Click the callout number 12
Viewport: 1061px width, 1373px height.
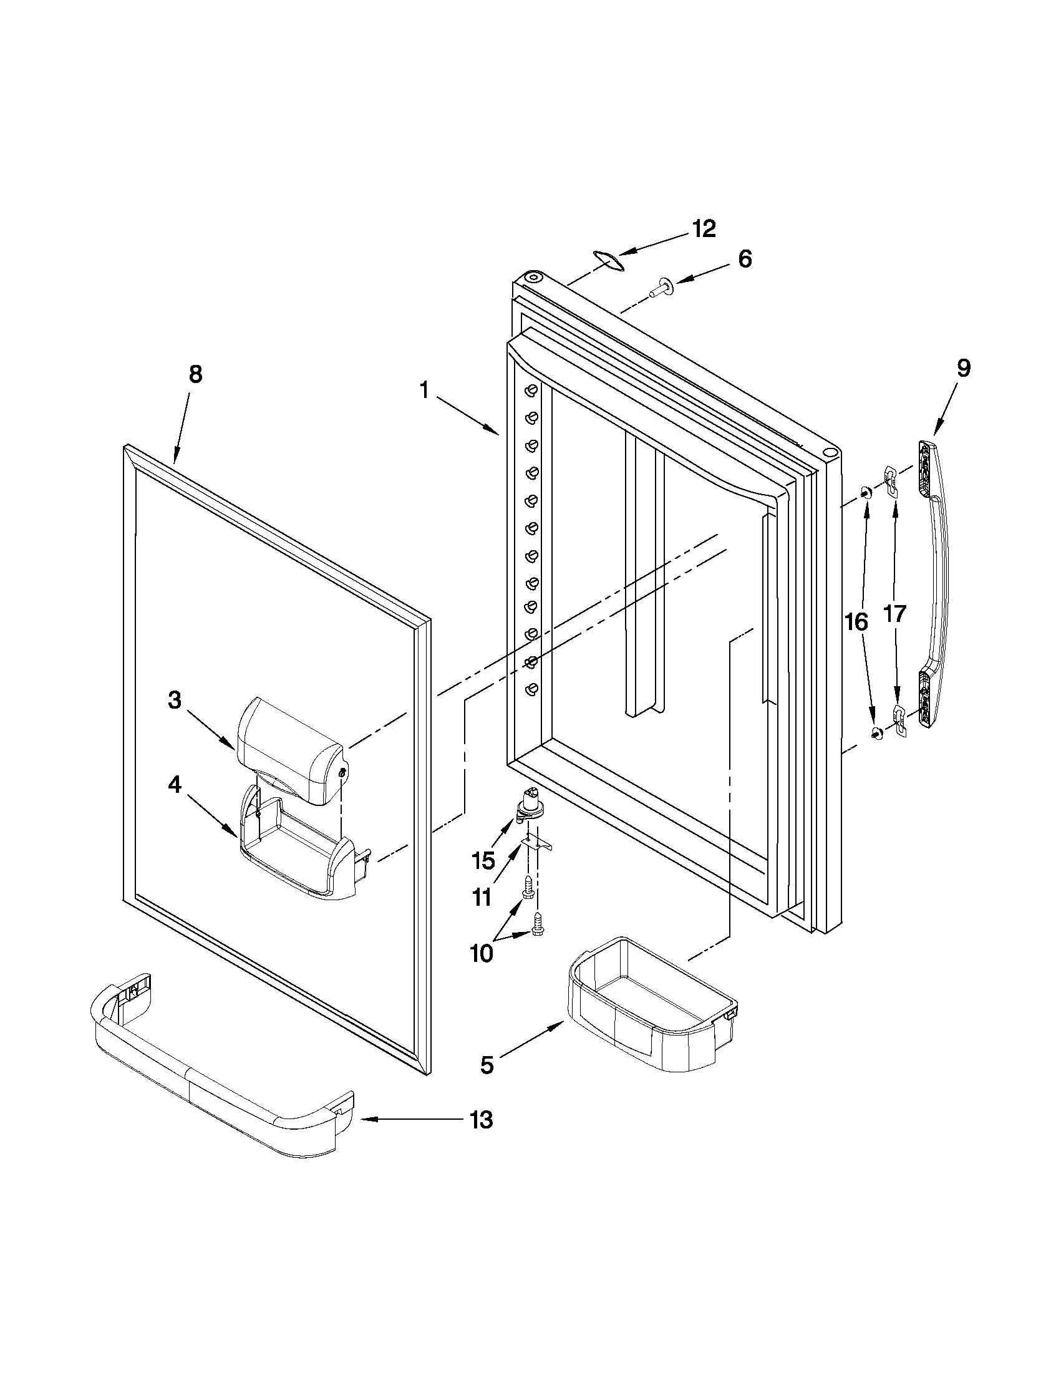(704, 229)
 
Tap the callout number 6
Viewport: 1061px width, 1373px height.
(745, 259)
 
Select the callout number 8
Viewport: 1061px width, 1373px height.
(195, 375)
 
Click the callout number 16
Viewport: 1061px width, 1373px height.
(856, 622)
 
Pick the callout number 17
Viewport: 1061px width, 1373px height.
(895, 614)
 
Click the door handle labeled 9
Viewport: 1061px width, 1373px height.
(934, 585)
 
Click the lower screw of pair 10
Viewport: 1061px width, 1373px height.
(536, 921)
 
